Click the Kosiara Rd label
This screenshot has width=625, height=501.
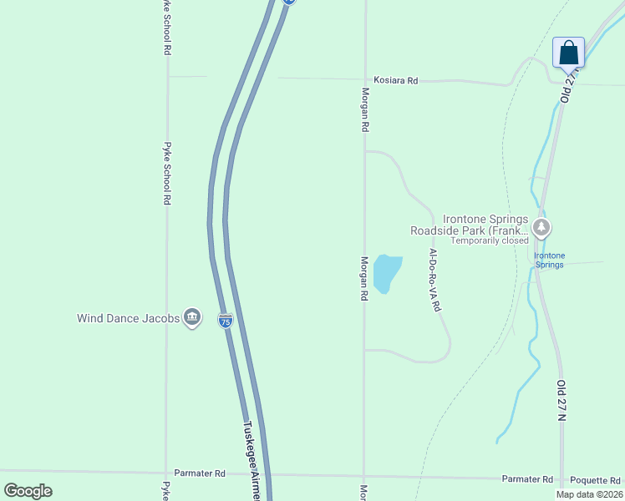395,81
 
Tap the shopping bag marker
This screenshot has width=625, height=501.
569,53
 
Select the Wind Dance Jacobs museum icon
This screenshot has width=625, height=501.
192,317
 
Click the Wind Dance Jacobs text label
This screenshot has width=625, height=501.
128,318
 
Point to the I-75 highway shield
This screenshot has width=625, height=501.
225,320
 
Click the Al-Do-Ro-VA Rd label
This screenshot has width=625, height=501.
434,280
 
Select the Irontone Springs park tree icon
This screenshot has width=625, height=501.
541,226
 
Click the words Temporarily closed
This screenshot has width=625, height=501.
490,240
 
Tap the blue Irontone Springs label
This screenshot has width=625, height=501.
549,260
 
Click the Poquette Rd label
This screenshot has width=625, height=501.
594,480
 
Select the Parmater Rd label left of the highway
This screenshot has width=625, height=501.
200,473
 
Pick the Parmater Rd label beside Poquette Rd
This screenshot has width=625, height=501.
527,479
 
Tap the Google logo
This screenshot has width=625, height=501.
28,491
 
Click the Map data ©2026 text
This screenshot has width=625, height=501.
588,494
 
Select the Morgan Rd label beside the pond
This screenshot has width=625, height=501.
364,278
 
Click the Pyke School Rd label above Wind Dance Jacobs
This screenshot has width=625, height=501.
168,173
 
